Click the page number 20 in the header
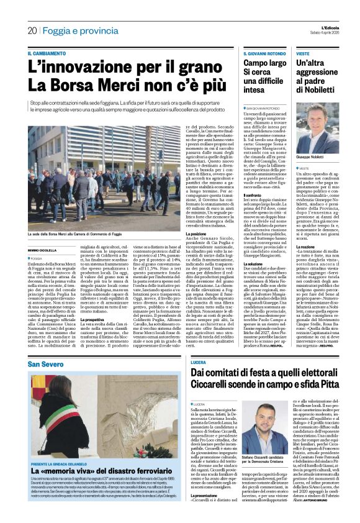click(32, 30)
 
